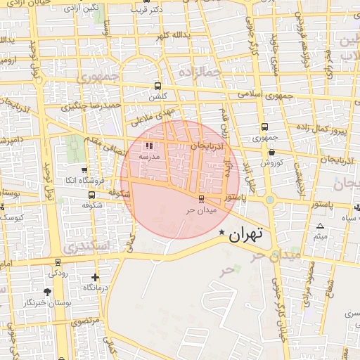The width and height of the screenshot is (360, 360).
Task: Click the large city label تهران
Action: [245, 234]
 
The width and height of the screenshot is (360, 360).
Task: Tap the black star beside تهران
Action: [222, 233]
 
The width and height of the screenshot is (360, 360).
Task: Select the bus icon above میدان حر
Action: [202, 199]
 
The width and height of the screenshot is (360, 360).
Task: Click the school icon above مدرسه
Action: [148, 146]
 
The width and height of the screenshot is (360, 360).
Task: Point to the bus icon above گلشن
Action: [157, 86]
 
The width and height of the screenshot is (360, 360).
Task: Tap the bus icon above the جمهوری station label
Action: [264, 127]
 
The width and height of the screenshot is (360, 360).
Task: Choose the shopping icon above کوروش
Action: [271, 152]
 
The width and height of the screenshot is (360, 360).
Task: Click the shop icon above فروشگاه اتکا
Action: [84, 169]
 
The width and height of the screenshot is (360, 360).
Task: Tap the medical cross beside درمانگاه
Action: [96, 278]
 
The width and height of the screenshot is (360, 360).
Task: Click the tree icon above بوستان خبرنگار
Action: [48, 292]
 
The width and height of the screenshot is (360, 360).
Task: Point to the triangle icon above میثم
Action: [321, 226]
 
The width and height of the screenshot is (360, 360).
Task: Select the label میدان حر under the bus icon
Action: [200, 210]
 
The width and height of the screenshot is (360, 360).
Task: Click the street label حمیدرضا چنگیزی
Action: [91, 106]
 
